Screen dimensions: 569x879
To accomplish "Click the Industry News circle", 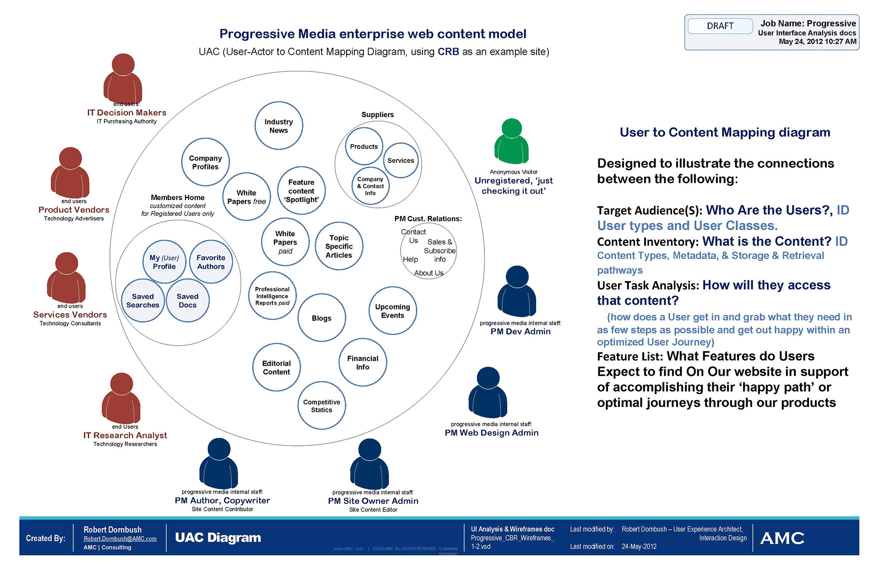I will pos(278,126).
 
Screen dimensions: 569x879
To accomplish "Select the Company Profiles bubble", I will pos(206,163).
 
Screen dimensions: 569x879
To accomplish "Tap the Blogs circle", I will pos(321,318).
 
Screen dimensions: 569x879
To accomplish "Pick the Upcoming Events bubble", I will pos(392,311).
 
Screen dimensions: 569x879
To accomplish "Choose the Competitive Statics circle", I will pos(321,406).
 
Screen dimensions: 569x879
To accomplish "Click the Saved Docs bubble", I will pos(188,301).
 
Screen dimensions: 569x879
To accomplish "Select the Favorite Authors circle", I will pos(211,262).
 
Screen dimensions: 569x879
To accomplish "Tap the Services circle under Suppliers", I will pos(401,161).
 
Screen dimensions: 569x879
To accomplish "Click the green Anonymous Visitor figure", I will pos(511,142).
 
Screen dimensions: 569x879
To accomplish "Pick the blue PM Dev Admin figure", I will pos(517,291).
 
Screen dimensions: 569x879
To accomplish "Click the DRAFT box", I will pos(720,26).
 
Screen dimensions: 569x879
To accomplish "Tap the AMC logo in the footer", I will pos(782,538).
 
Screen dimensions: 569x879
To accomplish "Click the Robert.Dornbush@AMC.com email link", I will pos(120,539).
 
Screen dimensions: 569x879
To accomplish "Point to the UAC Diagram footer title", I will pos(218,538).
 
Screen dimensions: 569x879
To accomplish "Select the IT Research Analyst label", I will pos(125,435).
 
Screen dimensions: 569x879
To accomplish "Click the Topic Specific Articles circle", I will pos(339,247).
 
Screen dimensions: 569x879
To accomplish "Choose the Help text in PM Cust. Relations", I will pos(410,260).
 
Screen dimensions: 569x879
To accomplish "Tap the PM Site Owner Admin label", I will pos(373,501).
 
